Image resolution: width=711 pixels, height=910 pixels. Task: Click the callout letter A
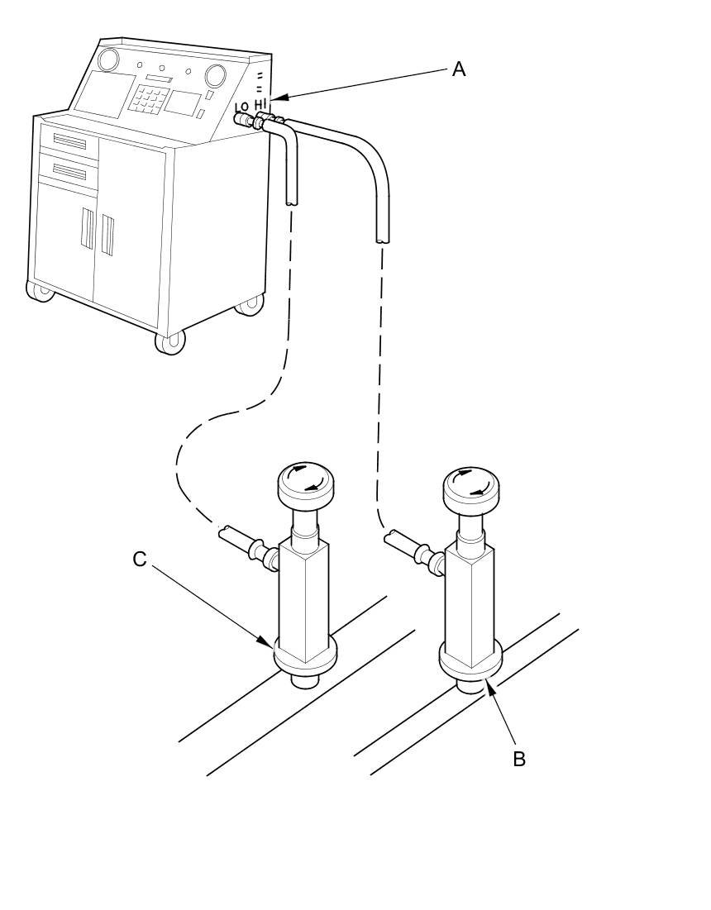coord(458,69)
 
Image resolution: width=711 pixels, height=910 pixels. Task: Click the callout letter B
coord(518,759)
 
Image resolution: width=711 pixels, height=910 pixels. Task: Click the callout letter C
coord(140,560)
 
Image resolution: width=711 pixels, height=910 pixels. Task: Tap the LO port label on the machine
coord(242,107)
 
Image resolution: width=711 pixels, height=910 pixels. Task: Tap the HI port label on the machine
coord(261,104)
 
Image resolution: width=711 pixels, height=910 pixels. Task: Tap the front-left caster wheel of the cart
coord(39,291)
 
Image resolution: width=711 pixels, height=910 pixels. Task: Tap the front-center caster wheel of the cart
coord(170,341)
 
